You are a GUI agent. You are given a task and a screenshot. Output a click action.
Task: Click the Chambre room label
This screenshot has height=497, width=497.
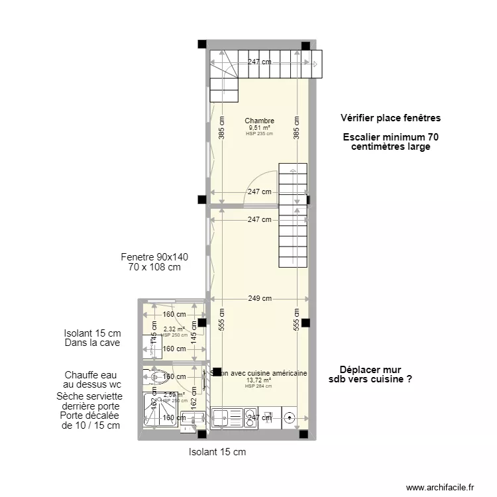tap(259, 121)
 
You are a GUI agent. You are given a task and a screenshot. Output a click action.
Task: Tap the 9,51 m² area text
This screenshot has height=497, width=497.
tap(259, 128)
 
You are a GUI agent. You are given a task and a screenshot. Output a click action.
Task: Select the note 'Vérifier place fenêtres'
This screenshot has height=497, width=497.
tap(390, 118)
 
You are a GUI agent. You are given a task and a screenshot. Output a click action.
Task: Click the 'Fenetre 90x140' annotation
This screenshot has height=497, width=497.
tap(154, 257)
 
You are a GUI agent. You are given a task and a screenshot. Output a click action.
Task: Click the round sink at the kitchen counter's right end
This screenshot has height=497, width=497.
tap(290, 418)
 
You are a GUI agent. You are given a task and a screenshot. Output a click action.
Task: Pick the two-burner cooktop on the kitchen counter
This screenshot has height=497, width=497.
tap(250, 418)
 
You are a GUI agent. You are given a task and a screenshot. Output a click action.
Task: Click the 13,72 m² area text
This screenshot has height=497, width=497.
tap(258, 380)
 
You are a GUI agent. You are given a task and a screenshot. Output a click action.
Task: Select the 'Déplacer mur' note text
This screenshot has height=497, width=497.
tap(370, 370)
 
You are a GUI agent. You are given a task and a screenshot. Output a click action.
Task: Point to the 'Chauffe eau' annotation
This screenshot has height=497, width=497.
tap(93, 375)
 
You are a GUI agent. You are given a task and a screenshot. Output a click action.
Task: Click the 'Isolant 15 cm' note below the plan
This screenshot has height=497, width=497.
tap(217, 452)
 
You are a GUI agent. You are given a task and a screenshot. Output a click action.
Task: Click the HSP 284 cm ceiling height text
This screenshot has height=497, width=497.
tap(258, 386)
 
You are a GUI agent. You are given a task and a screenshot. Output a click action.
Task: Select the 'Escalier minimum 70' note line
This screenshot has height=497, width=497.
tap(390, 137)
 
